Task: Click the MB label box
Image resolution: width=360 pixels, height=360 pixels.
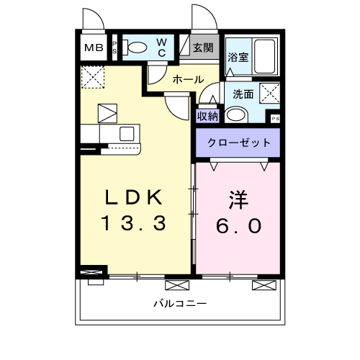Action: tap(94, 49)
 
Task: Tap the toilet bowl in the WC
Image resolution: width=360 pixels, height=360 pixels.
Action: tap(138, 49)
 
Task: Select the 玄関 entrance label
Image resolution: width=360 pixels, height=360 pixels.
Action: tap(203, 49)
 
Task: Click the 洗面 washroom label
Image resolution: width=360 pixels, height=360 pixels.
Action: tap(243, 94)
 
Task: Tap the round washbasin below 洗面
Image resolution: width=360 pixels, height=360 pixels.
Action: tap(235, 114)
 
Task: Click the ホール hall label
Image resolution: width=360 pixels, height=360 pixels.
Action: tap(188, 80)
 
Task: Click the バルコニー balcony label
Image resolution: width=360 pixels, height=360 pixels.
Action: tap(179, 303)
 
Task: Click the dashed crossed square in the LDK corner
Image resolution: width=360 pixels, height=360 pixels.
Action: tap(93, 76)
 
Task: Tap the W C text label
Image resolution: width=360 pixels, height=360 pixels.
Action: tap(162, 48)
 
